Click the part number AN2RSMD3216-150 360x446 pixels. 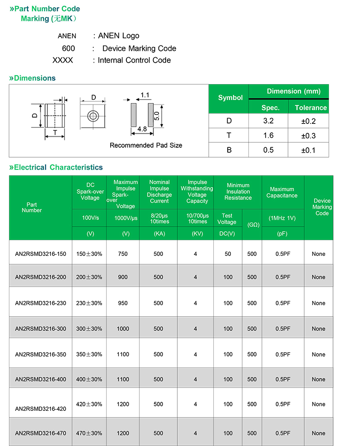tap(40, 254)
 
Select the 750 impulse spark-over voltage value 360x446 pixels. tap(123, 254)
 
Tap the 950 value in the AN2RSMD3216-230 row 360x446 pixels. tap(123, 303)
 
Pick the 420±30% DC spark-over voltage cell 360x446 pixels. tap(89, 404)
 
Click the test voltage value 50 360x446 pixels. tap(228, 254)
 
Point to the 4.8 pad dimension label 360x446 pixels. tap(142, 129)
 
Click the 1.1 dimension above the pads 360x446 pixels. tap(145, 95)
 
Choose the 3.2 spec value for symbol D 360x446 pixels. tap(268, 121)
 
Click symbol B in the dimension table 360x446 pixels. tap(229, 150)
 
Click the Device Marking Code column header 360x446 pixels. tap(322, 207)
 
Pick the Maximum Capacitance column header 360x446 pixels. tap(282, 192)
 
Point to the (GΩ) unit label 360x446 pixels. tap(252, 224)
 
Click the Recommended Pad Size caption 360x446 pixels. tap(146, 146)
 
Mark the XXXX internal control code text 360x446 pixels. tap(63, 60)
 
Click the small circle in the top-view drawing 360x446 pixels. tap(93, 116)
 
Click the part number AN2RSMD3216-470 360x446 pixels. tap(40, 433)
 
